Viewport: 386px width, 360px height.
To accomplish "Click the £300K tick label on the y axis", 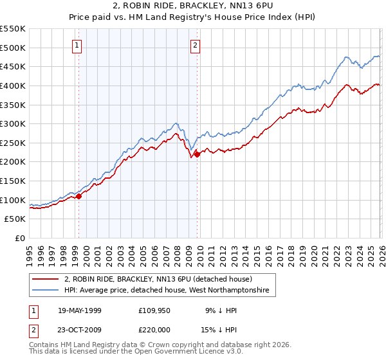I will pyautogui.click(x=12, y=123).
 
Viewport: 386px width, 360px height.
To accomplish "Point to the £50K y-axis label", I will pyautogui.click(x=15, y=219).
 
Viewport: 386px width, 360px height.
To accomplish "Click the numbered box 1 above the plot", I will pyautogui.click(x=77, y=45).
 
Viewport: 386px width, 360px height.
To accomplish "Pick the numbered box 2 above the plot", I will pyautogui.click(x=194, y=45).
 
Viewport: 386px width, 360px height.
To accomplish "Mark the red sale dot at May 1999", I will pyautogui.click(x=79, y=196).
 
